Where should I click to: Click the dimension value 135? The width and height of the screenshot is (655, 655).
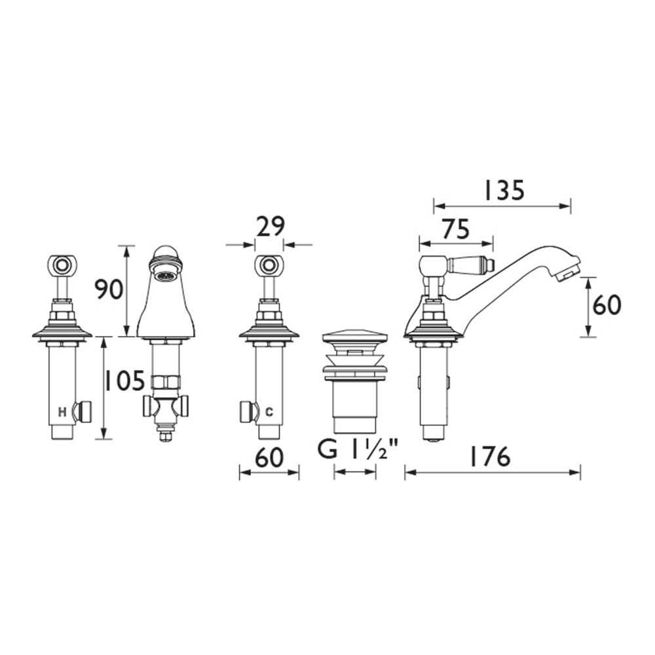pos(503,191)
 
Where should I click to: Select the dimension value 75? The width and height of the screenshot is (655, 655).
pos(456,229)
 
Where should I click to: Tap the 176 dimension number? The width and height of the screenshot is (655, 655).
pos(490,457)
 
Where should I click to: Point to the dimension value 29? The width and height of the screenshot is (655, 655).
pos(270,227)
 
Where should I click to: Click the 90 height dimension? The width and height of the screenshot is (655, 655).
pos(108,290)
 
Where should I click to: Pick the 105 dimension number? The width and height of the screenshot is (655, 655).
pos(124,381)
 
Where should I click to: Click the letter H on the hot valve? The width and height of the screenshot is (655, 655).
pos(62,413)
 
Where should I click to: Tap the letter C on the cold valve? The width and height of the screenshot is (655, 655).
pos(269,413)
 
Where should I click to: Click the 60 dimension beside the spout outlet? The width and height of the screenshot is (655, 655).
pos(607,305)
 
